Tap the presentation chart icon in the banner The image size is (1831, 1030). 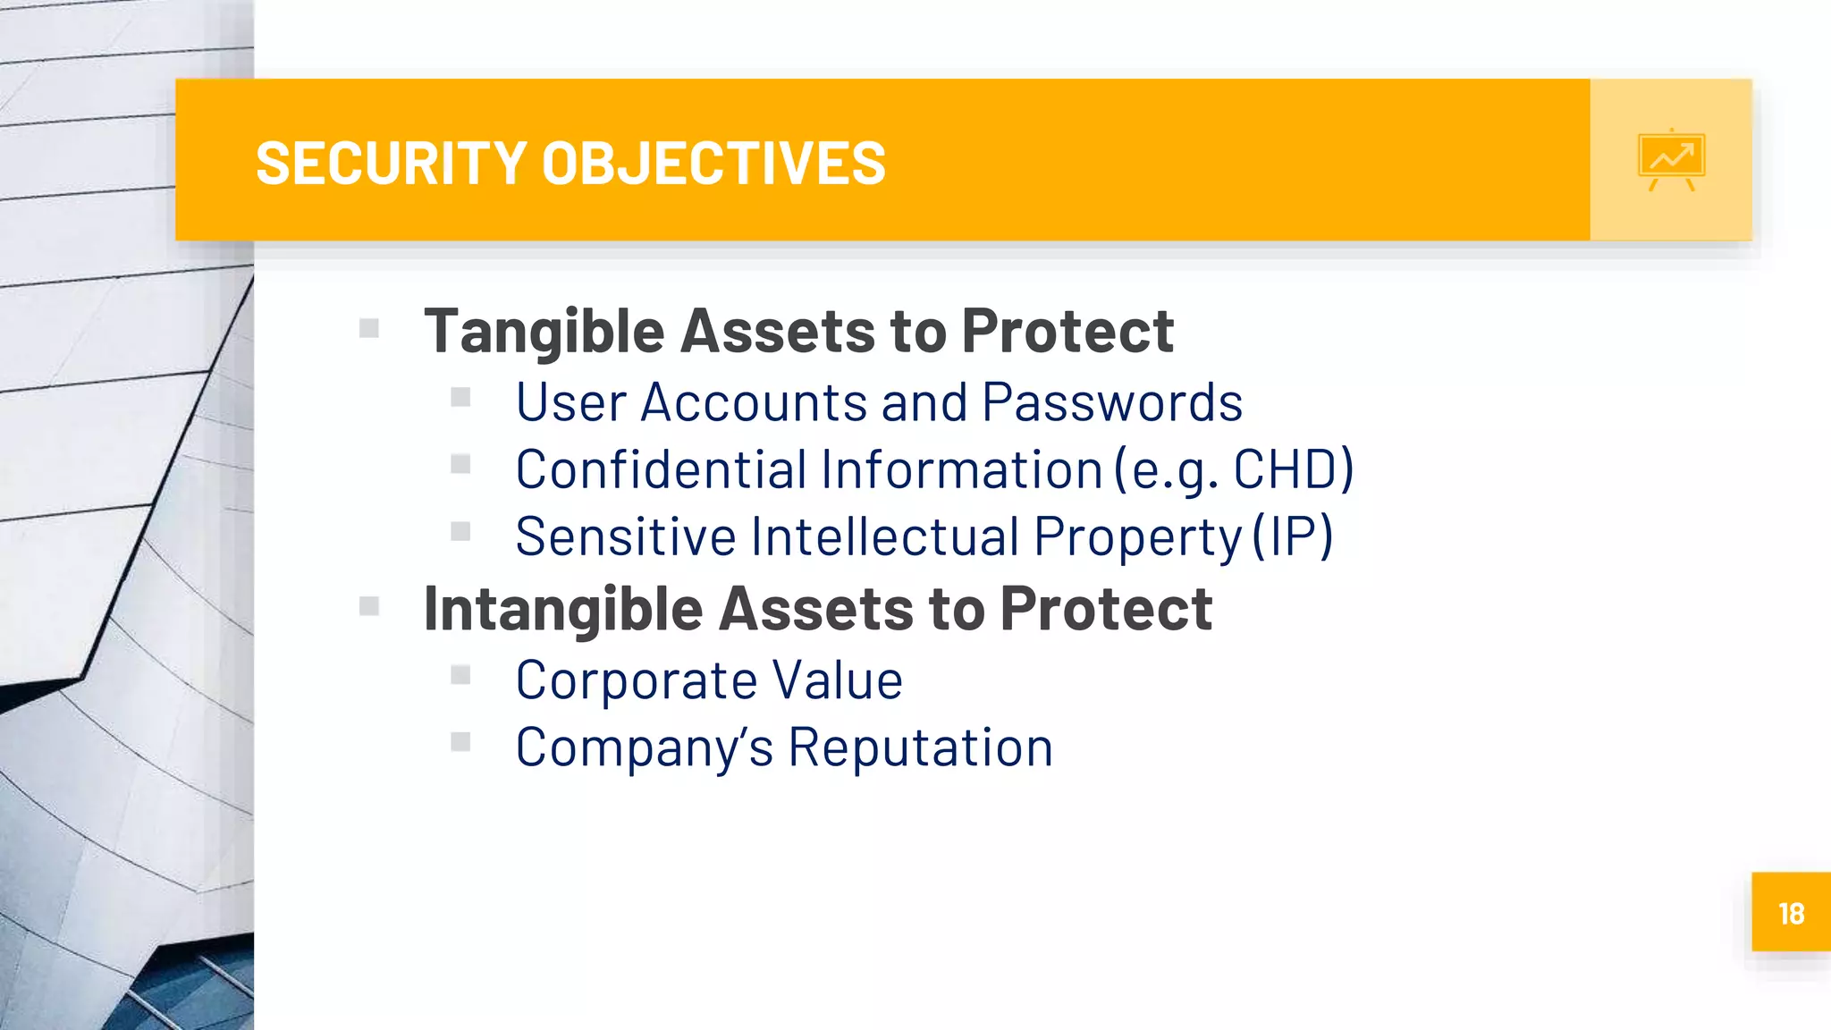1671,160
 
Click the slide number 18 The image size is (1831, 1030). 1791,914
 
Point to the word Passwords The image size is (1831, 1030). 1112,402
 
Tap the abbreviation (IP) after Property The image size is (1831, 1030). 1293,536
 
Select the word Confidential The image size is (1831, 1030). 661,469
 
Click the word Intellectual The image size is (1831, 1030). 885,536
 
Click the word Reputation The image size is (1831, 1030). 920,747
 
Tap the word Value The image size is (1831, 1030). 838,680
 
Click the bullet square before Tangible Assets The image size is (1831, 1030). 369,329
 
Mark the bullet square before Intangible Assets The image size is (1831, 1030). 369,607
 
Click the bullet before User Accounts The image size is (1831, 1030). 460,397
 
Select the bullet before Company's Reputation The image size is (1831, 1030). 460,742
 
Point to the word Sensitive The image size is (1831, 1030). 626,536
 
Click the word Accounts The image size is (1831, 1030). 754,402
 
